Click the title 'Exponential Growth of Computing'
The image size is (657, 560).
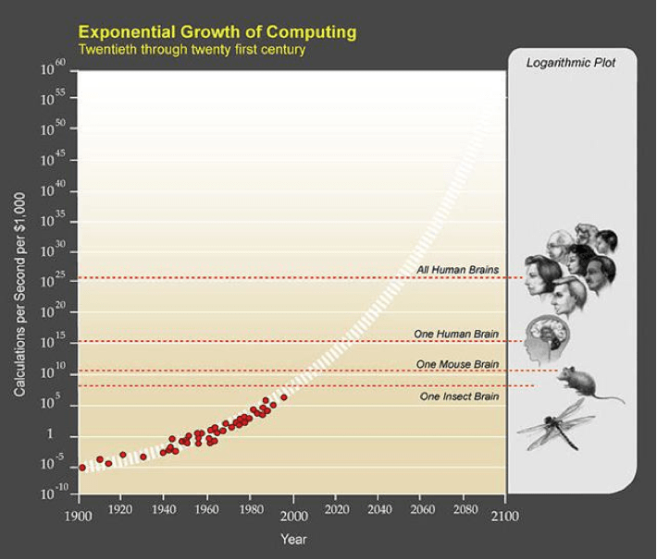(217, 32)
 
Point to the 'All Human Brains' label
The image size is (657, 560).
(458, 270)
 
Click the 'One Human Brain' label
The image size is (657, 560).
(456, 333)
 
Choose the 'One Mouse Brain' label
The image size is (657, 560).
(458, 364)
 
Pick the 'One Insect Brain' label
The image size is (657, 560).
(459, 396)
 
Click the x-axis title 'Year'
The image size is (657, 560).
(294, 538)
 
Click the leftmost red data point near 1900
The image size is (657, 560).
(82, 468)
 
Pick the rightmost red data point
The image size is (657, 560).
(284, 397)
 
